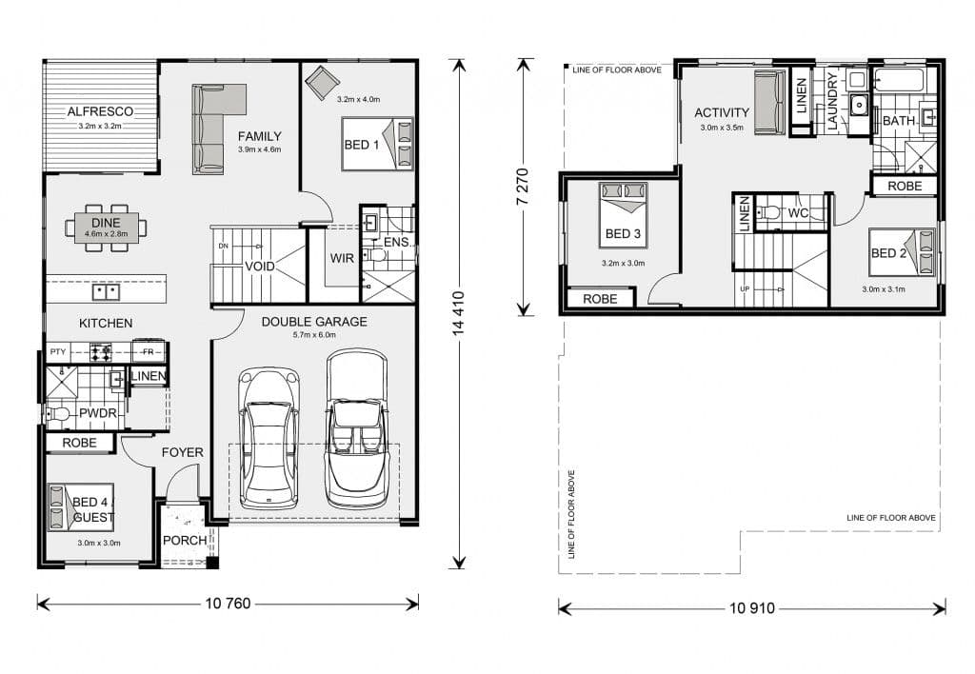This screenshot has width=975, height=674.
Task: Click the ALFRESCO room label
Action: [x=100, y=112]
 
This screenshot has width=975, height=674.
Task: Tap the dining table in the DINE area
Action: [x=107, y=228]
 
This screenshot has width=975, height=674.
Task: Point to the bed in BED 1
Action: [x=377, y=144]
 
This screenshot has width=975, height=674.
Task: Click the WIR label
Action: [x=342, y=258]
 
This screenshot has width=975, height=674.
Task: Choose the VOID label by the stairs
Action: [x=260, y=267]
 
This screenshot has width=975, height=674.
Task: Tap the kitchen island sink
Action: [x=106, y=291]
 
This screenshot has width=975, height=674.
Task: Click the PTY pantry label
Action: [x=58, y=352]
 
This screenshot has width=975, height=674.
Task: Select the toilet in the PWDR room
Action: [x=56, y=413]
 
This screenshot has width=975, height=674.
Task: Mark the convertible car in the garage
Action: [x=357, y=428]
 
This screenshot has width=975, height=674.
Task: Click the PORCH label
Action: [x=185, y=541]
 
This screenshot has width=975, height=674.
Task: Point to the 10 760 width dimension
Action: [x=228, y=604]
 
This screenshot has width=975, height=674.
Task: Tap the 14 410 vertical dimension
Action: [x=459, y=314]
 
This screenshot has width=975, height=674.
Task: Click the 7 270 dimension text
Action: [x=523, y=187]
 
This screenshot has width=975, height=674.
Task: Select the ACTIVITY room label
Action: [x=722, y=112]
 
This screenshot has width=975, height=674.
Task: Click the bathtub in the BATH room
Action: [x=899, y=80]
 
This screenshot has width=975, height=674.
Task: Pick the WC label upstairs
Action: [x=798, y=213]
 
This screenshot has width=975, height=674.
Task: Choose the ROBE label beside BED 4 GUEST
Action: [x=80, y=443]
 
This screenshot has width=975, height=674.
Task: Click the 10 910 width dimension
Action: [x=752, y=608]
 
